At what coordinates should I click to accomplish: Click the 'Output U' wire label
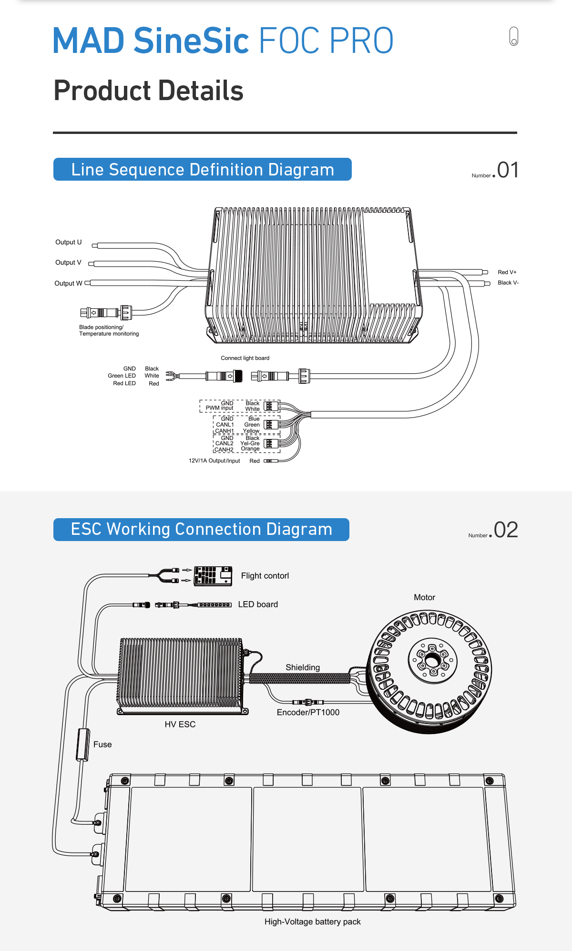[x=68, y=242]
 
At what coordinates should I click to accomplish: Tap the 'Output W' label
[x=68, y=283]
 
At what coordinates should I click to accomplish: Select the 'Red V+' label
[x=507, y=272]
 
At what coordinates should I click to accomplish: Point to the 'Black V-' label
[x=508, y=283]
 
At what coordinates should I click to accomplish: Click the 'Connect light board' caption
[x=245, y=358]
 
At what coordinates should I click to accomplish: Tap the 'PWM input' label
[x=219, y=408]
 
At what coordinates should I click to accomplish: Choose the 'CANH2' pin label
[x=224, y=450]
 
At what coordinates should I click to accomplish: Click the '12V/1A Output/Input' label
[x=214, y=461]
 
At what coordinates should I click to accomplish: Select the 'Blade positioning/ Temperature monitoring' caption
[x=109, y=330]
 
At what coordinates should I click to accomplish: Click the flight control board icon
[x=213, y=575]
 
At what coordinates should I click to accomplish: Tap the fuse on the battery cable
[x=83, y=745]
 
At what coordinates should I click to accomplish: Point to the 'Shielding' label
[x=303, y=667]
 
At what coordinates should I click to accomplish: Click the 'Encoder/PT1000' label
[x=308, y=712]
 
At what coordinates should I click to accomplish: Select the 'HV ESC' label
[x=180, y=724]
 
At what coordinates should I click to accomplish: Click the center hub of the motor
[x=432, y=661]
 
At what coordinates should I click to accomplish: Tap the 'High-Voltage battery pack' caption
[x=312, y=921]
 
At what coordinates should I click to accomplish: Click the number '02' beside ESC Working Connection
[x=506, y=530]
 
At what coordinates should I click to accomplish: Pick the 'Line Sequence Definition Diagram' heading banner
[x=202, y=170]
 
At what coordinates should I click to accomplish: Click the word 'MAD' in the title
[x=89, y=41]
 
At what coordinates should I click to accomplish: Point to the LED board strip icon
[x=214, y=604]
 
